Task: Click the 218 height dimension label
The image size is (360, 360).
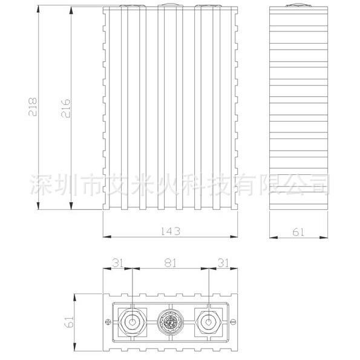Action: pyautogui.click(x=33, y=106)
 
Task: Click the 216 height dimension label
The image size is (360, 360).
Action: pyautogui.click(x=66, y=108)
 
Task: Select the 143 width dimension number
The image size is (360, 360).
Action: pyautogui.click(x=170, y=231)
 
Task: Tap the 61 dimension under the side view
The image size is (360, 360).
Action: pyautogui.click(x=298, y=232)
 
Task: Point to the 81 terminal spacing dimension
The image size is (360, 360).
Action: pyautogui.click(x=170, y=263)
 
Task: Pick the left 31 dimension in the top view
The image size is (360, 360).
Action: pyautogui.click(x=118, y=263)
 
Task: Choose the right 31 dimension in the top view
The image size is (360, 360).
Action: pyautogui.click(x=223, y=263)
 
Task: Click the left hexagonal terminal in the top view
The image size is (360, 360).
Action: pyautogui.click(x=133, y=322)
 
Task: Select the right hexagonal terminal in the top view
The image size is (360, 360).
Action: pyautogui.click(x=208, y=322)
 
